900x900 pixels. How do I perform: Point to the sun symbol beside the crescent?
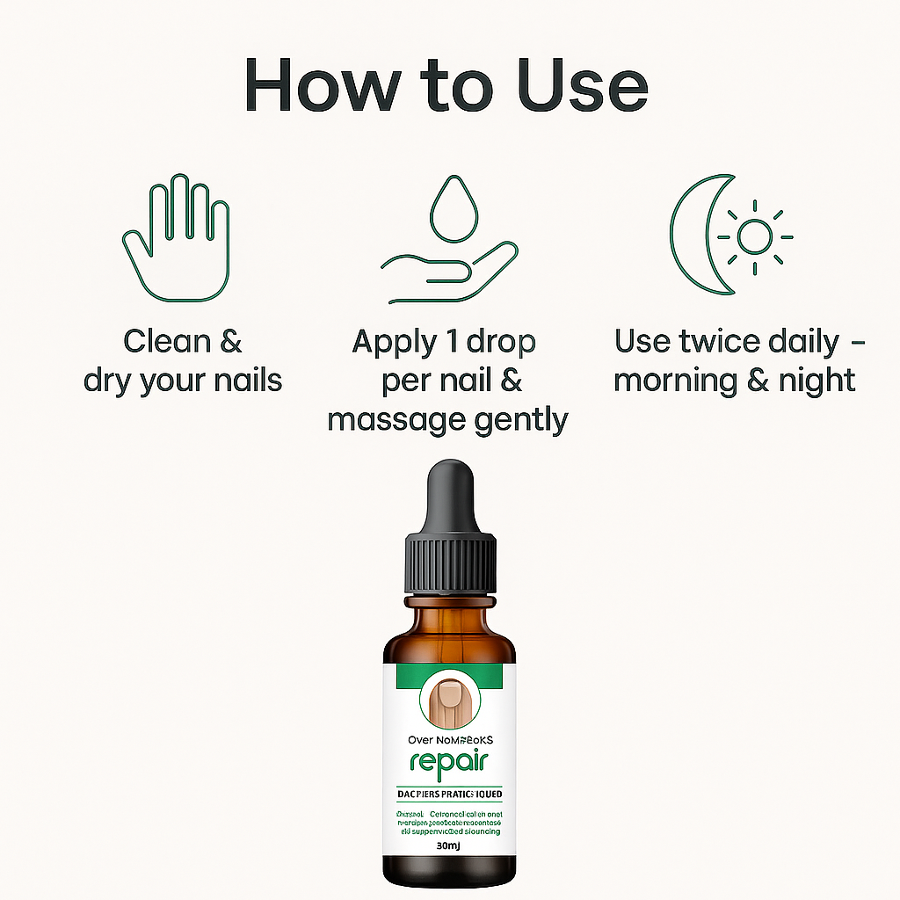click(x=754, y=236)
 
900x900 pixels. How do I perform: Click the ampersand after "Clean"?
click(x=230, y=341)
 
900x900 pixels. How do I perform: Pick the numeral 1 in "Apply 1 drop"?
click(x=453, y=342)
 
